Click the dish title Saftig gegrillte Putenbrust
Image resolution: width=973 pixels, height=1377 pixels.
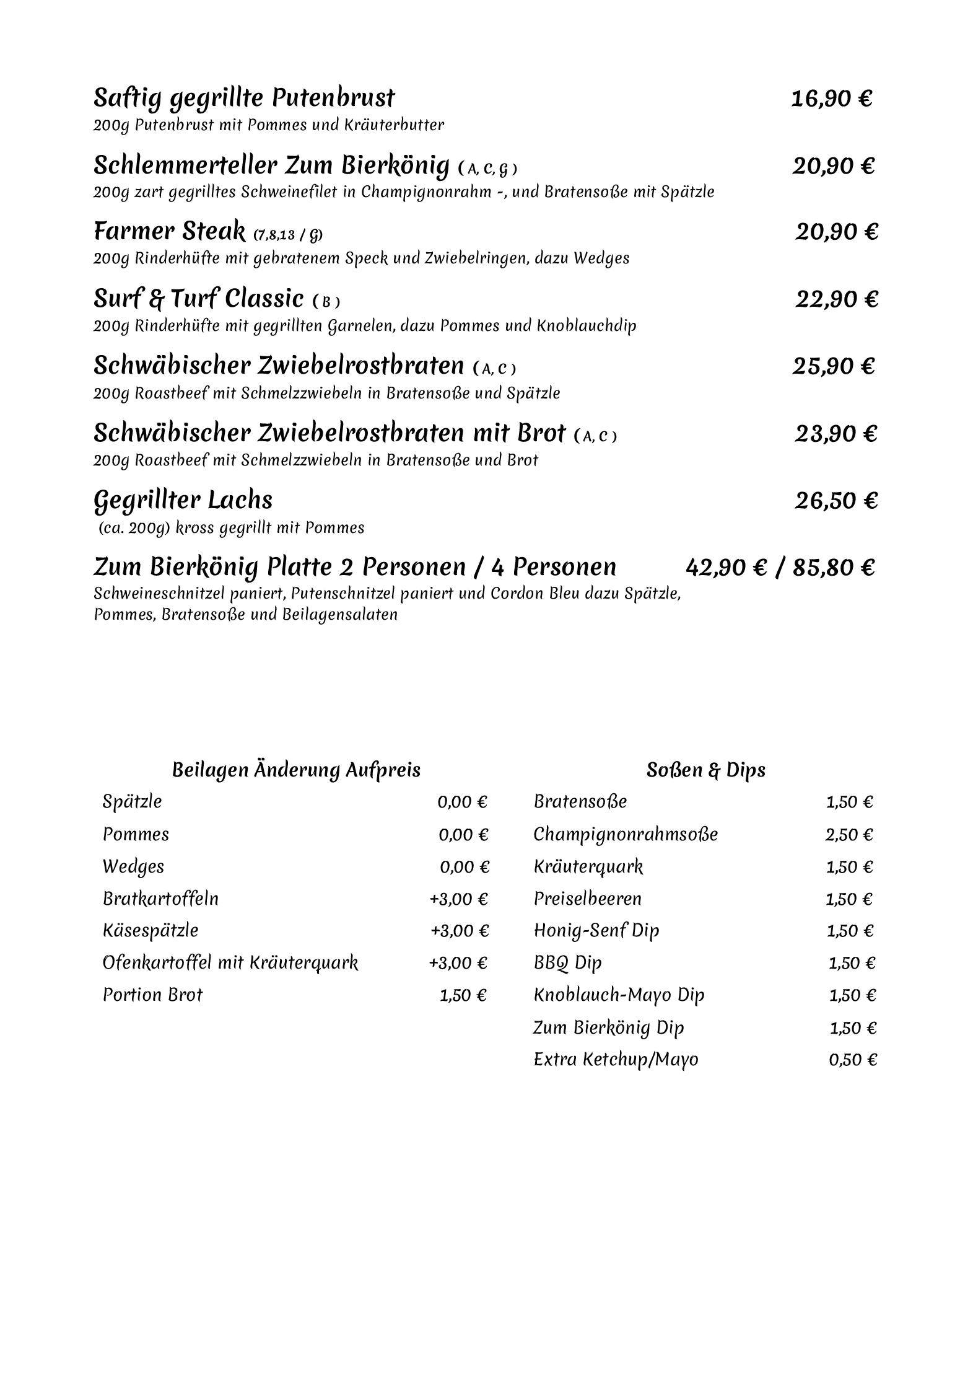point(243,98)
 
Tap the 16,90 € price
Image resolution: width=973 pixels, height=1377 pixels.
point(831,99)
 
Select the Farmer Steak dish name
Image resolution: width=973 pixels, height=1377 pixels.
point(169,232)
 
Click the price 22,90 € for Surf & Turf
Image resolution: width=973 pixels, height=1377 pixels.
point(836,299)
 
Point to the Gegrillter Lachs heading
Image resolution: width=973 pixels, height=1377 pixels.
point(183,500)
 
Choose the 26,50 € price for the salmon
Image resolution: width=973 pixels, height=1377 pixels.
point(836,501)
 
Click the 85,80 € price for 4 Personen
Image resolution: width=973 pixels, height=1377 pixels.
point(833,568)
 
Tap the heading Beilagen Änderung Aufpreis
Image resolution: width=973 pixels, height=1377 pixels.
point(296,770)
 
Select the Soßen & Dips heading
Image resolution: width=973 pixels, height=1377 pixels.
point(705,770)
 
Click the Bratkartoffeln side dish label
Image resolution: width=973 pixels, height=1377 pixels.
point(160,899)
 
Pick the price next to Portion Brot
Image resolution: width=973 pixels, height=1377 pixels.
point(463,995)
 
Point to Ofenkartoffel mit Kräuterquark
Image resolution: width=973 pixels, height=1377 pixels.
point(230,963)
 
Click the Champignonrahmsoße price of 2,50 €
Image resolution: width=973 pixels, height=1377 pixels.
point(849,835)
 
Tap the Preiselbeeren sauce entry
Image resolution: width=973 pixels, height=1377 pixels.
point(587,899)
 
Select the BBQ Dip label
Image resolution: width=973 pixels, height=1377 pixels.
point(567,963)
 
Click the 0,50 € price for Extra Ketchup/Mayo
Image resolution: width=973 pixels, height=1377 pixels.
point(852,1060)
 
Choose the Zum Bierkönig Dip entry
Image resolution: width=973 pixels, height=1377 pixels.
point(608,1027)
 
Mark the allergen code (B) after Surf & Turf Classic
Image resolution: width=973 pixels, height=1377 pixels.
point(326,302)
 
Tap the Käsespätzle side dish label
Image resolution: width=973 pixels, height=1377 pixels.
point(151,931)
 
